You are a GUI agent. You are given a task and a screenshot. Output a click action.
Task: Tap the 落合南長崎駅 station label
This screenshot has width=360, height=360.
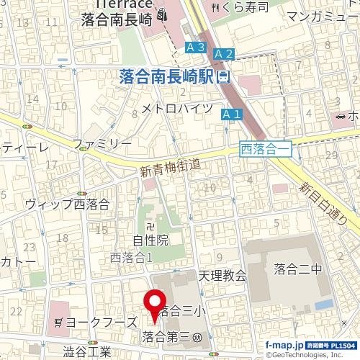pyautogui.click(x=166, y=76)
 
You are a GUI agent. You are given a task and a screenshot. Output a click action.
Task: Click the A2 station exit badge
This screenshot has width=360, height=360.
pyautogui.click(x=224, y=53)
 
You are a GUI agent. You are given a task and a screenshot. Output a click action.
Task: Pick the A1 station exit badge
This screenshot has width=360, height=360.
pyautogui.click(x=230, y=114)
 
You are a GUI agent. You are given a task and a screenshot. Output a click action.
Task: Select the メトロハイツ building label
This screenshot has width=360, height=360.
pyautogui.click(x=176, y=108)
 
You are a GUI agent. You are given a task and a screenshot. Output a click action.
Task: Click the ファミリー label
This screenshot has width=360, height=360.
pyautogui.click(x=102, y=143)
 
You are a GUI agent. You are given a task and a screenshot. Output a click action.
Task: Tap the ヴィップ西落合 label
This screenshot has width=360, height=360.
pyautogui.click(x=66, y=204)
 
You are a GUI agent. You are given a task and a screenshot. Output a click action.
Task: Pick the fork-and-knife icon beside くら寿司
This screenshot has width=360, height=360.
pyautogui.click(x=217, y=8)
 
